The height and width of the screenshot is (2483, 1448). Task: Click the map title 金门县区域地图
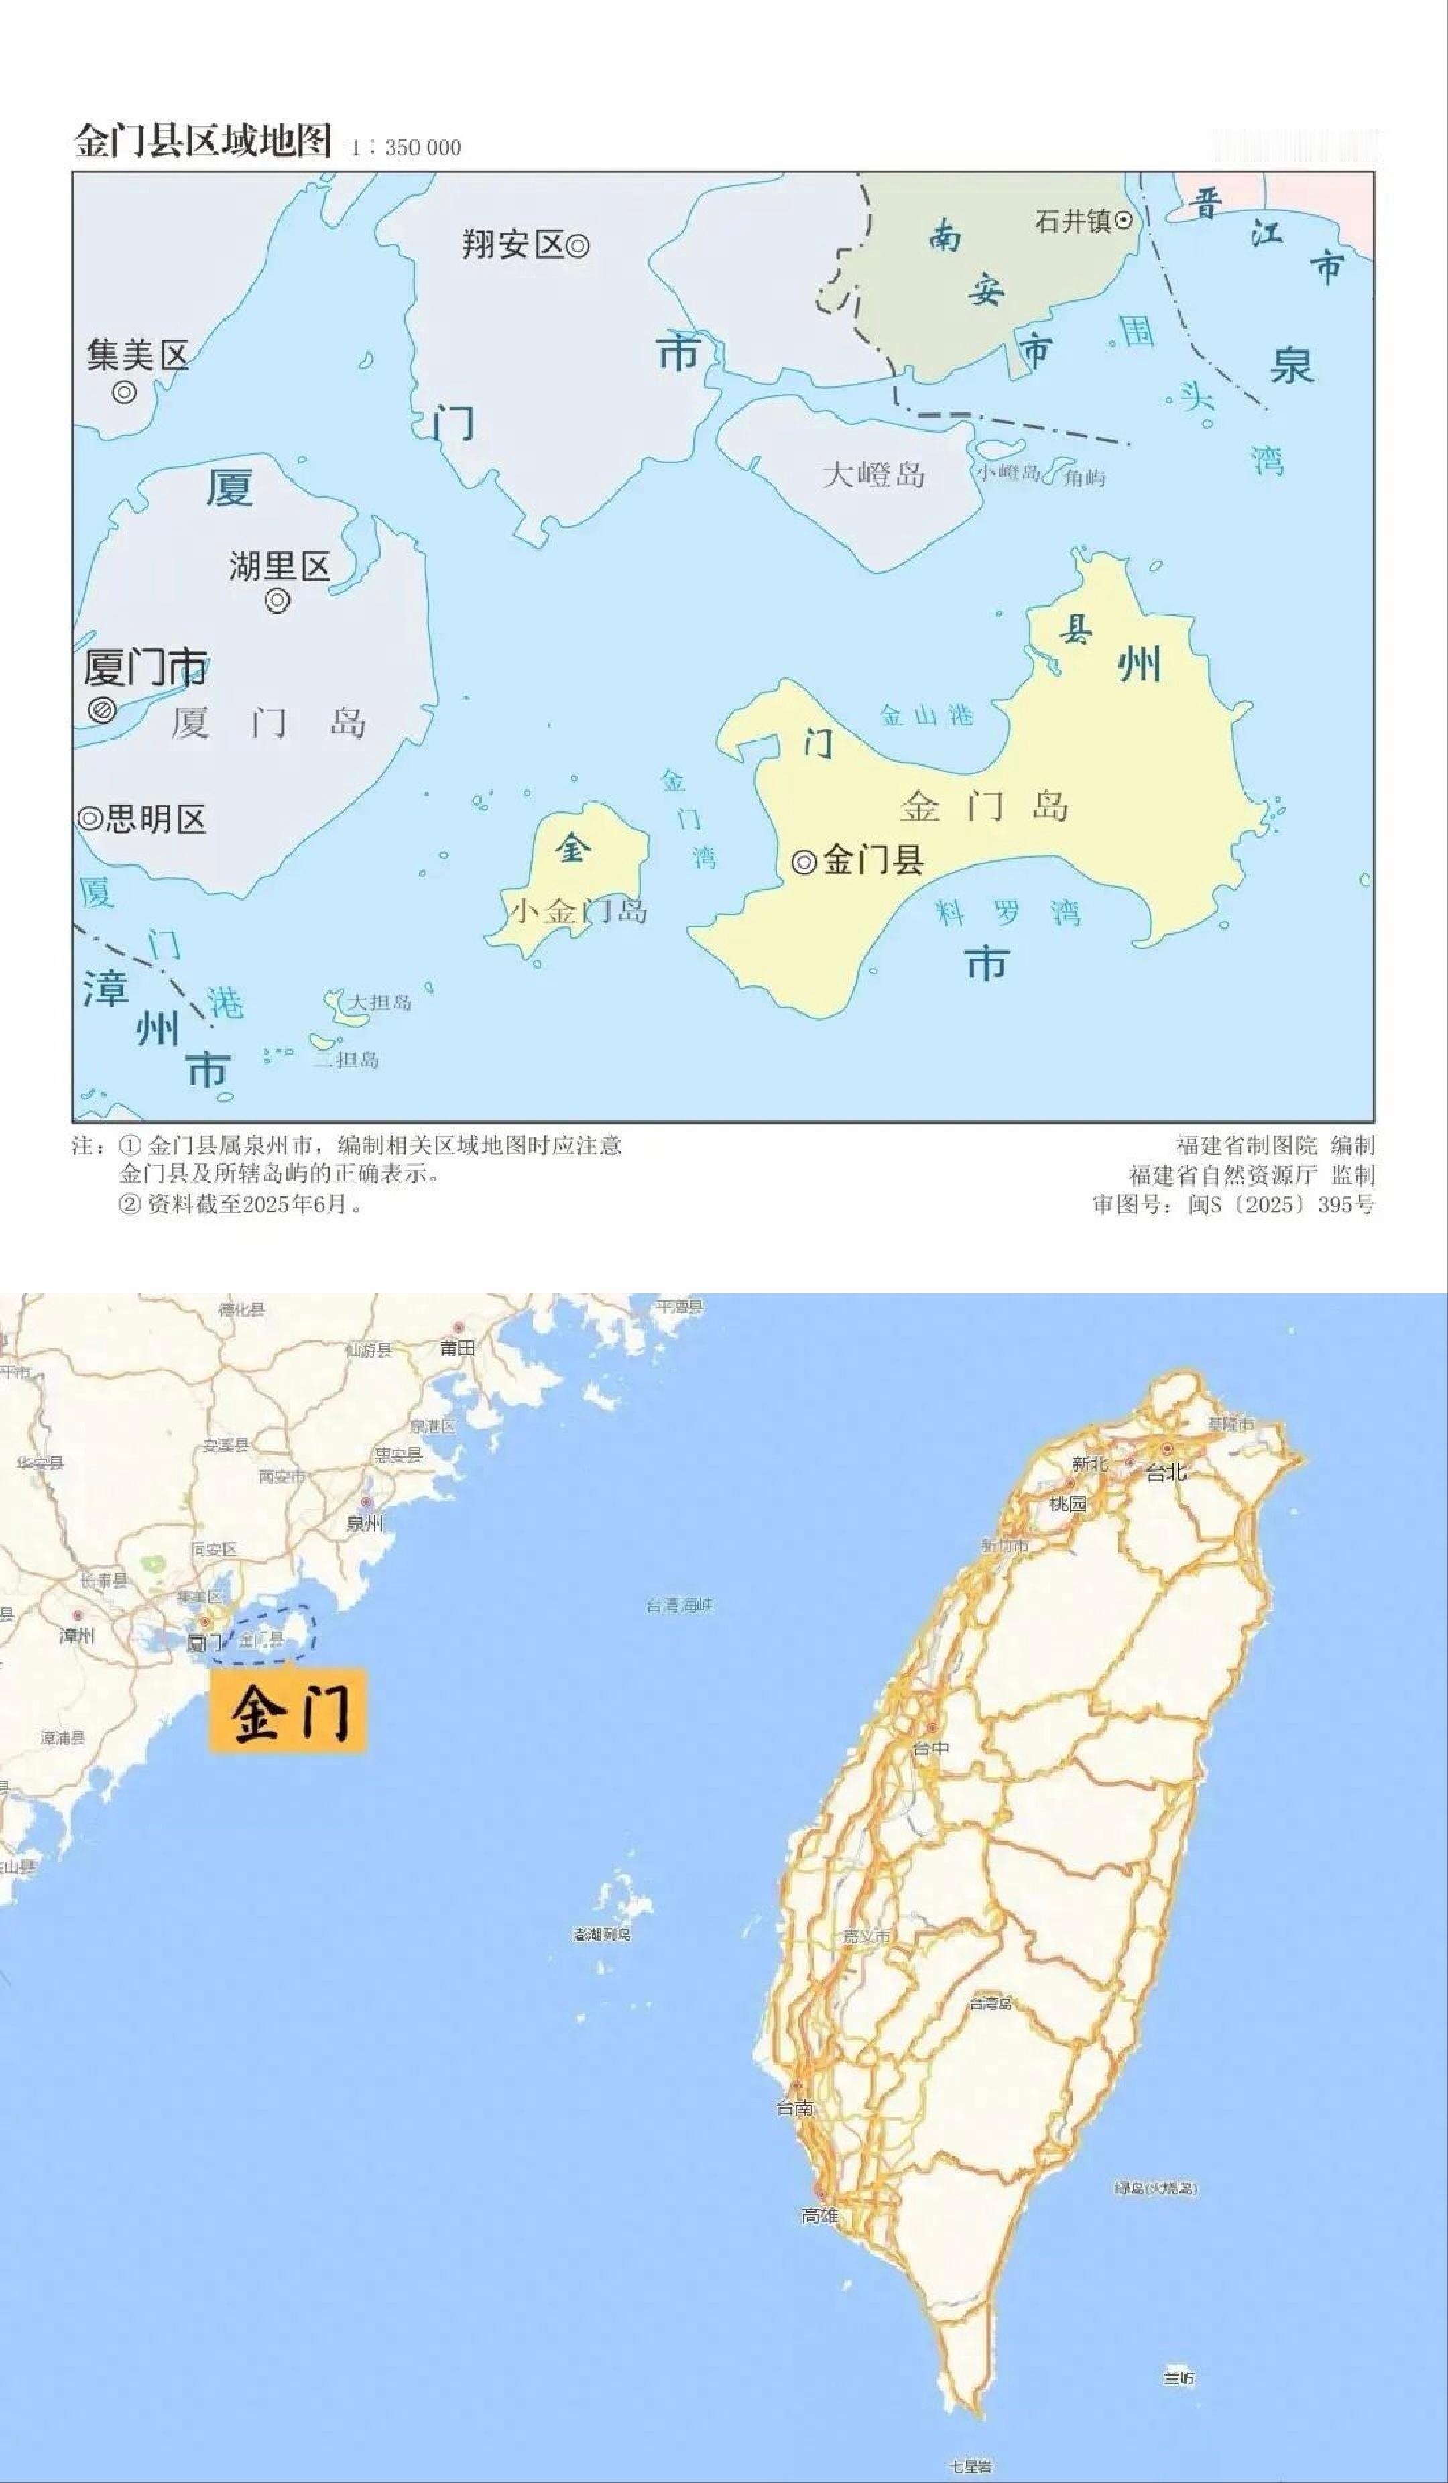click(203, 141)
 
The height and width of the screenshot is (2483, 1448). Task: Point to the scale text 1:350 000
click(405, 148)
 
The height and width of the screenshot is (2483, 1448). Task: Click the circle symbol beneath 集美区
click(124, 392)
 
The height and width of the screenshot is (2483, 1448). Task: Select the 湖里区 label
click(279, 567)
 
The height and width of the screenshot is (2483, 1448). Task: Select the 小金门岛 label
click(577, 911)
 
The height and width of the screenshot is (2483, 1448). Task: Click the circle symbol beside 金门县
click(804, 862)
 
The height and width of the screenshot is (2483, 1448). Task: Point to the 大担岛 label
click(380, 1003)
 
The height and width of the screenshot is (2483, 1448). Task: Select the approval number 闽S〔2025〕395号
click(1280, 1204)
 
